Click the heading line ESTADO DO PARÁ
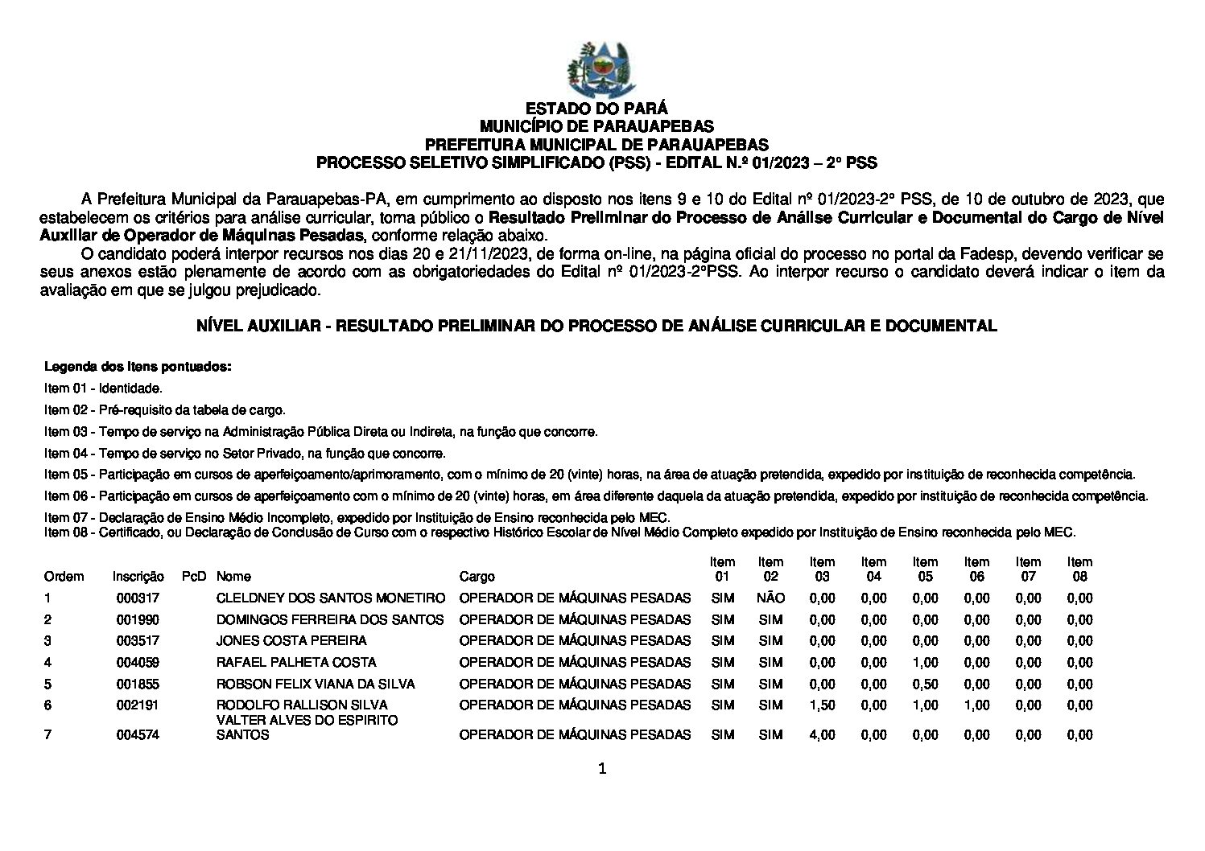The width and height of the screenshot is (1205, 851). pyautogui.click(x=596, y=109)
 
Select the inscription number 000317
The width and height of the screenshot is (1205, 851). pyautogui.click(x=138, y=598)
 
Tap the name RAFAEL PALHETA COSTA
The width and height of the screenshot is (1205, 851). pyautogui.click(x=296, y=663)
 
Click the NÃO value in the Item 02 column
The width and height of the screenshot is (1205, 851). pyautogui.click(x=770, y=598)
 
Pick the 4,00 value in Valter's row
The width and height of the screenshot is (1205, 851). pyautogui.click(x=822, y=735)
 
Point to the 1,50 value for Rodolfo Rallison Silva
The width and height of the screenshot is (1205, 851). pyautogui.click(x=822, y=705)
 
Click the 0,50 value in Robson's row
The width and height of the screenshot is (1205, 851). pyautogui.click(x=925, y=684)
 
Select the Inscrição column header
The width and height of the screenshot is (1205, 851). pyautogui.click(x=138, y=577)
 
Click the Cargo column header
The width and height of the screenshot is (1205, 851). pyautogui.click(x=477, y=577)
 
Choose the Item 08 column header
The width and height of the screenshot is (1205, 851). pyautogui.click(x=1079, y=569)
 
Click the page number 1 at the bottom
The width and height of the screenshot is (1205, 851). pyautogui.click(x=602, y=770)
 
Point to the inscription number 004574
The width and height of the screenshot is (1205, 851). pyautogui.click(x=138, y=735)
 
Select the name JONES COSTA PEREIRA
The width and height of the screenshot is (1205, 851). pyautogui.click(x=291, y=641)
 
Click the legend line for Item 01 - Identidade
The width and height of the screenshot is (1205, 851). pyautogui.click(x=104, y=388)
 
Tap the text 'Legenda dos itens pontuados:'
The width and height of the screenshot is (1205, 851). pyautogui.click(x=138, y=367)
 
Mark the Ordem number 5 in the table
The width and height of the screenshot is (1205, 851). pyautogui.click(x=48, y=684)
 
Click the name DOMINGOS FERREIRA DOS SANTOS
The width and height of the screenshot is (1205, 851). pyautogui.click(x=330, y=620)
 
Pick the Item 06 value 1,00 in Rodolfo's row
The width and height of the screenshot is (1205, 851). pyautogui.click(x=976, y=705)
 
